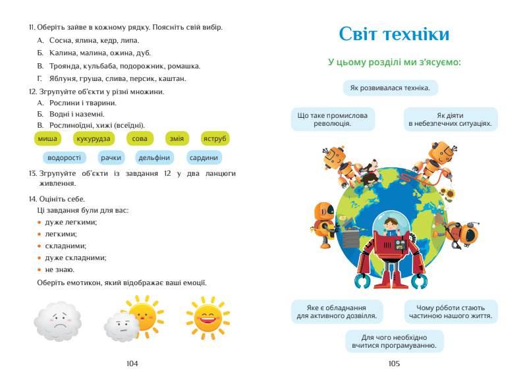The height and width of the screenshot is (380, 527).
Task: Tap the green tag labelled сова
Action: pos(140,138)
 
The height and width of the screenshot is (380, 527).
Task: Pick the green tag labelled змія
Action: pos(177,138)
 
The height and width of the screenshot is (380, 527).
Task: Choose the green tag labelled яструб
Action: pos(215,138)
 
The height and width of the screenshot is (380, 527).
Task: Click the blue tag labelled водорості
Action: pos(65,157)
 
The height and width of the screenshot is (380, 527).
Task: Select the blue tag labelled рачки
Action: pos(111,157)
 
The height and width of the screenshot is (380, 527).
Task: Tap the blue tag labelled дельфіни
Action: pos(154,157)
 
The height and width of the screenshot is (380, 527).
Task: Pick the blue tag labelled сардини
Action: pos(204,157)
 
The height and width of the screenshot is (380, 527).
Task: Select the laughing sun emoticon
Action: pos(208,317)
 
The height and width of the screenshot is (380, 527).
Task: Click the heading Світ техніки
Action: pos(394,34)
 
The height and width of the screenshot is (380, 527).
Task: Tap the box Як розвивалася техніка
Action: pos(390,88)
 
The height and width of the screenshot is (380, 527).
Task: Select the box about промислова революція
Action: pos(333,119)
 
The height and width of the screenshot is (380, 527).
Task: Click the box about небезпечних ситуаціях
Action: pos(450,119)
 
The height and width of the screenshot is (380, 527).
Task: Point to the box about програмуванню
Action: pos(394,341)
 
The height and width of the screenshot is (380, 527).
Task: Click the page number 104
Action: pos(132,364)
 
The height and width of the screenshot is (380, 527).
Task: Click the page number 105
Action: pos(394,364)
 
